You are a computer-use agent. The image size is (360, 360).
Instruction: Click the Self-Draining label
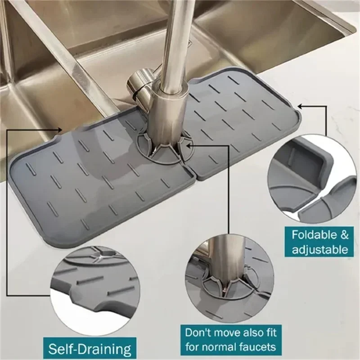pyautogui.click(x=90, y=348)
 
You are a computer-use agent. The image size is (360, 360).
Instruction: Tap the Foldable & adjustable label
pyautogui.click(x=320, y=242)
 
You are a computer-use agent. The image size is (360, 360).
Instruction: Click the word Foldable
pyautogui.click(x=314, y=234)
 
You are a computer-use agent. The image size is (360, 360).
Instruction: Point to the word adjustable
pyautogui.click(x=320, y=249)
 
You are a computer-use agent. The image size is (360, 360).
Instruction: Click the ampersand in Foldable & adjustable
pyautogui.click(x=343, y=234)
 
